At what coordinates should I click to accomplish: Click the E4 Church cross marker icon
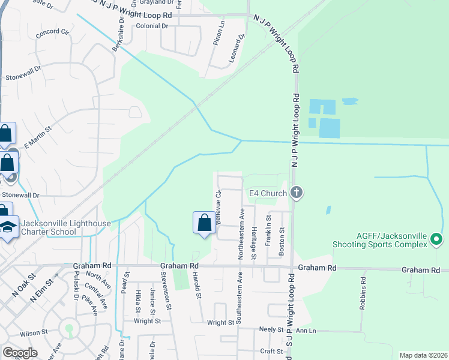point(295,193)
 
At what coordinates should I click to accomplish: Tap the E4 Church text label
point(267,193)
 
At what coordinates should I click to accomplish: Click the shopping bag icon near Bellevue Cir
point(204,223)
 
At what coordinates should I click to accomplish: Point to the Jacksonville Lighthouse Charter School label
point(66,228)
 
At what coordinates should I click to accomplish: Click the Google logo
point(20,352)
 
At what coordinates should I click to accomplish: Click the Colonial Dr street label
point(152,26)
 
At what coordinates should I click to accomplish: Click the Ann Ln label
point(305,330)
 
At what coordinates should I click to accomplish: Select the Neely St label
point(271,329)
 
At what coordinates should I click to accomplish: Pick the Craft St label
point(271,351)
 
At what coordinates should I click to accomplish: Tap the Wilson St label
point(34,332)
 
